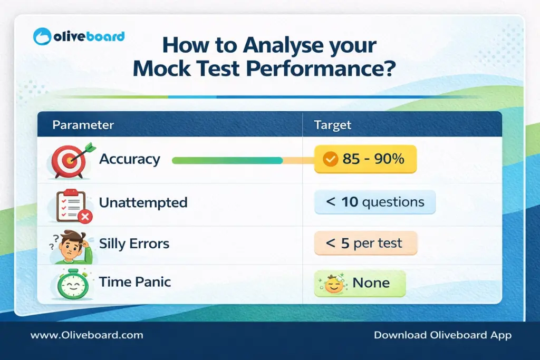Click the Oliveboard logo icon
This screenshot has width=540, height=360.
click(43, 37)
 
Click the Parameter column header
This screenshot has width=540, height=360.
click(83, 125)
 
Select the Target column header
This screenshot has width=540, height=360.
click(332, 125)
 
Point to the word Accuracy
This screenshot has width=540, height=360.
click(129, 159)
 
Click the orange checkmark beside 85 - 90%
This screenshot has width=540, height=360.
click(330, 159)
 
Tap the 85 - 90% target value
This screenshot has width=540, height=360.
click(373, 159)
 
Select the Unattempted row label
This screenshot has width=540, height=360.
click(143, 202)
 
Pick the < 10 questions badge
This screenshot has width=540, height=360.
click(375, 202)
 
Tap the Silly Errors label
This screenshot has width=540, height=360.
click(134, 244)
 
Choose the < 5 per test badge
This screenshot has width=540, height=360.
click(365, 244)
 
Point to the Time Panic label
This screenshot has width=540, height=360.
click(134, 282)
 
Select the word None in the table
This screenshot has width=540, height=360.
click(371, 283)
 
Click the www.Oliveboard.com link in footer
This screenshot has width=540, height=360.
click(86, 335)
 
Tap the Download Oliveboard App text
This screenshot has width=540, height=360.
click(442, 335)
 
